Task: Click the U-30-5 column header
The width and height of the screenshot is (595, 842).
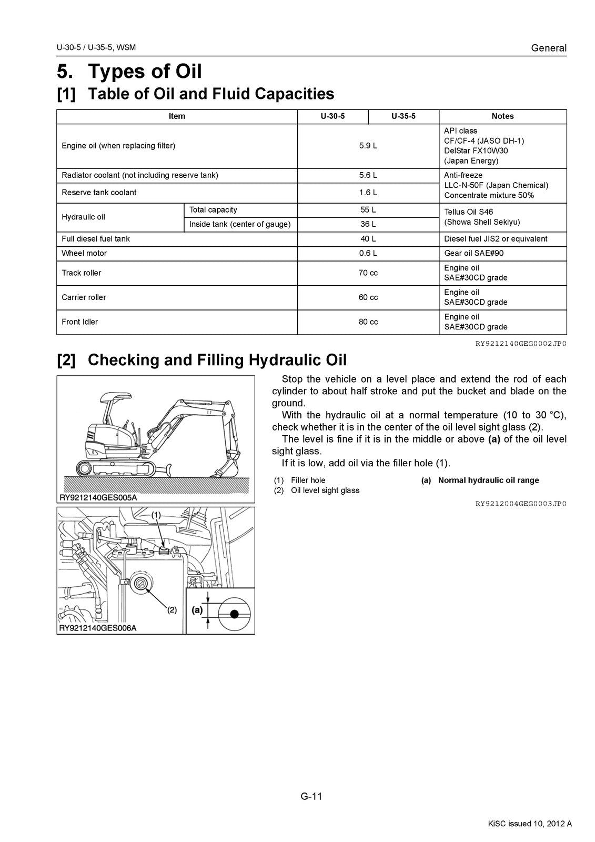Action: (332, 116)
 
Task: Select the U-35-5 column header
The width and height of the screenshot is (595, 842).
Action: (404, 116)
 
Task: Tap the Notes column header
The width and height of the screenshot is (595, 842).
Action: (502, 116)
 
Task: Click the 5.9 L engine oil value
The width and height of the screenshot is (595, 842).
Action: (368, 146)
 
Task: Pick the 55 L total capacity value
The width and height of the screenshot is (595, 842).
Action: (368, 210)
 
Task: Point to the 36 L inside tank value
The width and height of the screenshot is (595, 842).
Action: (368, 224)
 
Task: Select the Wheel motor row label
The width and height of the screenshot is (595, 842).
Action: (84, 253)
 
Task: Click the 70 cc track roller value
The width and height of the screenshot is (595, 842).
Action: (368, 273)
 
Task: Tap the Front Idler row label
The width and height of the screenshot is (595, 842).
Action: (79, 322)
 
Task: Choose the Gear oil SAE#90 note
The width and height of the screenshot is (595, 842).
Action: (473, 253)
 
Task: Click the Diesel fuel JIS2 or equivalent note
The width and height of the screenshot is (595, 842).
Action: (496, 239)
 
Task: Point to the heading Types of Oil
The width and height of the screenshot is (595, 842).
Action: (145, 71)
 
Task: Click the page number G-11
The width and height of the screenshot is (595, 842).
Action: (311, 796)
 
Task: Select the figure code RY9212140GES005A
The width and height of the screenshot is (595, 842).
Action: (98, 497)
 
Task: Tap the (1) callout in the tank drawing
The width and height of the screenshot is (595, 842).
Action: (156, 516)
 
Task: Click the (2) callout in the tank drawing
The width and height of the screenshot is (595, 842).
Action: (172, 610)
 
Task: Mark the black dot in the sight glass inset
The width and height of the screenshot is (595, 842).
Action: (235, 614)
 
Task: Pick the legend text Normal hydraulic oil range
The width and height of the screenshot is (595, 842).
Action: (488, 480)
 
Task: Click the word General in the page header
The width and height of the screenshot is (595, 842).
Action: (549, 48)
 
